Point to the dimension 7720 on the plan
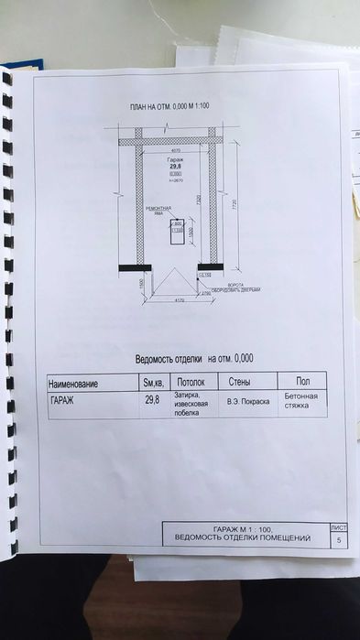pyautogui.click(x=234, y=204)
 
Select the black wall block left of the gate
pyautogui.click(x=135, y=267)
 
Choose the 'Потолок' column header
pyautogui.click(x=191, y=382)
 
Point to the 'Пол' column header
pyautogui.click(x=303, y=380)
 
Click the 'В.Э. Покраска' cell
pyautogui.click(x=247, y=401)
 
